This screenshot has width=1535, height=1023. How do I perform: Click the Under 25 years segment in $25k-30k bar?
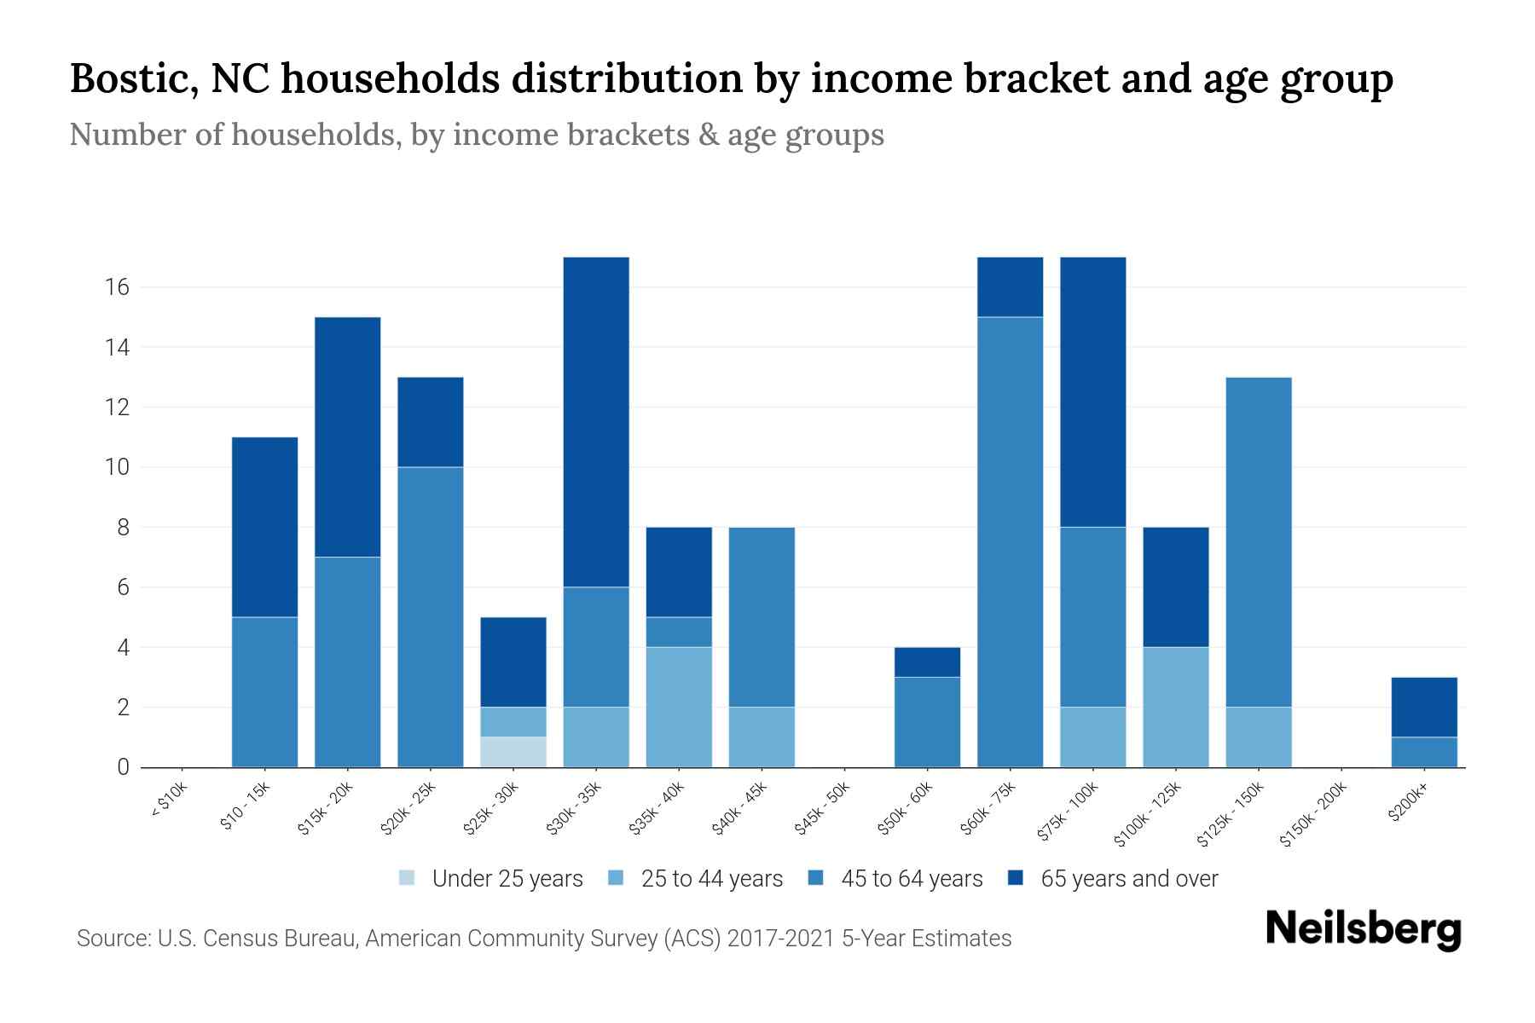click(513, 752)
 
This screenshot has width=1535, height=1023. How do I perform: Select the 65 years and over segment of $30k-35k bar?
click(596, 422)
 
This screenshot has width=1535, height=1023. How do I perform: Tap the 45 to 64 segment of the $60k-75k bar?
click(1010, 542)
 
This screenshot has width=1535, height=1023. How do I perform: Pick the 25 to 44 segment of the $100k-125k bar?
click(1176, 708)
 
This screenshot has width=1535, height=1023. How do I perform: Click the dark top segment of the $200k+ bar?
click(1424, 708)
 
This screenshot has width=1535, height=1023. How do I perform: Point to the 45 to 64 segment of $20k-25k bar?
click(431, 617)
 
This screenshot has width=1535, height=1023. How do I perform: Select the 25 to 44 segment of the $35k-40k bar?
click(679, 708)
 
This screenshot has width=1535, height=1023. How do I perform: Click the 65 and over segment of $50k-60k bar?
click(927, 662)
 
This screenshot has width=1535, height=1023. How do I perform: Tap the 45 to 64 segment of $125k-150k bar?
click(1259, 542)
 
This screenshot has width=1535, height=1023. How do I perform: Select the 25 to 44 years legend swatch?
click(617, 878)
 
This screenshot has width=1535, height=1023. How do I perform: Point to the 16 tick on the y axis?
click(117, 287)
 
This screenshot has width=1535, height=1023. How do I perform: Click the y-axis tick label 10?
click(117, 467)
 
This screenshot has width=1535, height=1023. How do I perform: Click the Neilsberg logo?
click(1363, 929)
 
